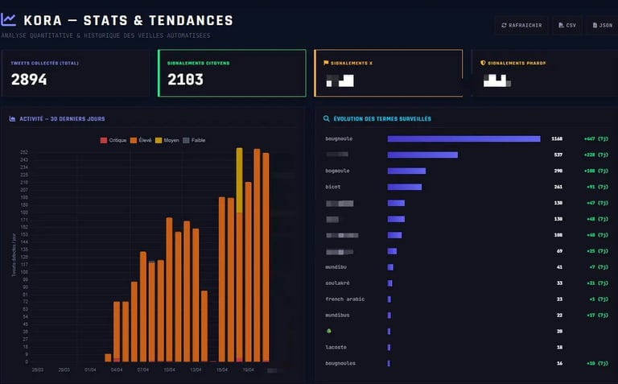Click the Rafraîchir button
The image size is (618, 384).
[x=521, y=25]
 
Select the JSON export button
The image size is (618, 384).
[x=602, y=25]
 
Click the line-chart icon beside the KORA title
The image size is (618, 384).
[x=9, y=20]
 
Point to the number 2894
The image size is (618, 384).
[x=29, y=79]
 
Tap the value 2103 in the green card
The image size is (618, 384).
[x=185, y=79]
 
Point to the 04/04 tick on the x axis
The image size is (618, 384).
[x=117, y=370]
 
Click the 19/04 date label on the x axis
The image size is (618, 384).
[x=249, y=370]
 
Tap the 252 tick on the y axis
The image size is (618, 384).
[x=24, y=152]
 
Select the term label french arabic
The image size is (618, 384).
[x=344, y=299]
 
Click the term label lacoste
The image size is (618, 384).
[x=337, y=347]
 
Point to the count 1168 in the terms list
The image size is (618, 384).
[x=557, y=138]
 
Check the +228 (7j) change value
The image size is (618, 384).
[x=596, y=155]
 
